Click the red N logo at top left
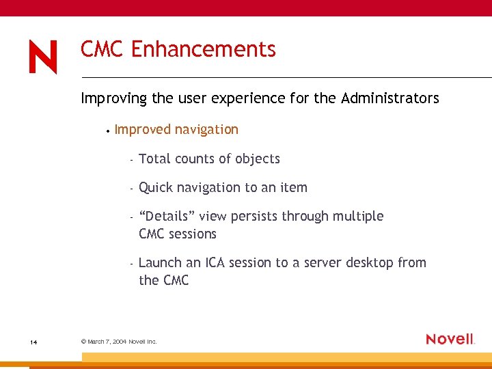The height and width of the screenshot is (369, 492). pos(43,57)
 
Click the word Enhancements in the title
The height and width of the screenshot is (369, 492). pos(203,49)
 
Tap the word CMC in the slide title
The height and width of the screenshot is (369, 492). pos(102,49)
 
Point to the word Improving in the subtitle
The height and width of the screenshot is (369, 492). pos(113,98)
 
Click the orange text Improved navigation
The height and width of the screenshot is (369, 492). pos(176,129)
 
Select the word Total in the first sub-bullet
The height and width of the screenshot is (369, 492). pos(154,159)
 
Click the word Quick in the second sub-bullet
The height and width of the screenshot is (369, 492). pos(156,187)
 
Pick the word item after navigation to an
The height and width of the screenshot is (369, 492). pos(294,187)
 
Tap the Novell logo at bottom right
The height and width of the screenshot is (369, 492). pos(450,339)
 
